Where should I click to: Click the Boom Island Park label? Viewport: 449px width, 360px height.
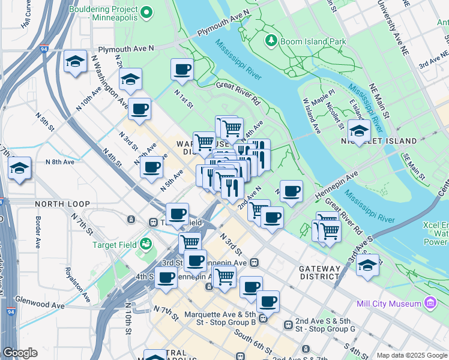[x=312, y=41]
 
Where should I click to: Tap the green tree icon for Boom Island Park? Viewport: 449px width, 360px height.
[x=271, y=41]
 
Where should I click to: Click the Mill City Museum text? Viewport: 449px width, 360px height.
[x=388, y=304]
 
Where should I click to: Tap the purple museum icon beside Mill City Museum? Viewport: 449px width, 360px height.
[x=430, y=304]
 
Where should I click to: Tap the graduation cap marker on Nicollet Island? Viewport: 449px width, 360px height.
[x=359, y=131]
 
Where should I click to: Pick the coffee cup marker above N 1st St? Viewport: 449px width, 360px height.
[x=182, y=69]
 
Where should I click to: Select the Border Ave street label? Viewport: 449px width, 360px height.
[x=37, y=233]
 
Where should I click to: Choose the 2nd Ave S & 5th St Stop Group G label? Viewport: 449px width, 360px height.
[x=327, y=325]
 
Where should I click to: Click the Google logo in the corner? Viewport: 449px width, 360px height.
[x=20, y=353]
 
